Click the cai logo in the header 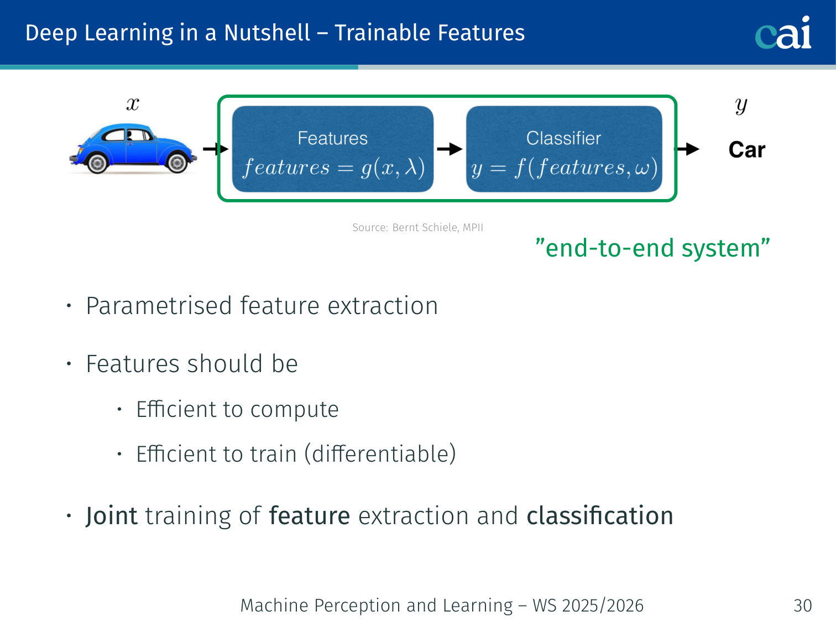pyautogui.click(x=783, y=33)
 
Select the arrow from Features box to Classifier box pyautogui.click(x=450, y=149)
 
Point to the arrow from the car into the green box pyautogui.click(x=215, y=149)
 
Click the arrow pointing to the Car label pyautogui.click(x=688, y=149)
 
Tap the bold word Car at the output pyautogui.click(x=746, y=150)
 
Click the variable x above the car pyautogui.click(x=133, y=104)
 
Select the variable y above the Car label pyautogui.click(x=741, y=105)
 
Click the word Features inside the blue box pyautogui.click(x=332, y=138)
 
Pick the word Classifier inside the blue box pyautogui.click(x=563, y=138)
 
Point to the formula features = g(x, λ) pyautogui.click(x=333, y=168)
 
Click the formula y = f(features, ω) pyautogui.click(x=564, y=168)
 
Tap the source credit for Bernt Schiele pyautogui.click(x=417, y=227)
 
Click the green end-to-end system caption pyautogui.click(x=652, y=248)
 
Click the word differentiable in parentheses pyautogui.click(x=380, y=454)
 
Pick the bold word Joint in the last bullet pyautogui.click(x=111, y=516)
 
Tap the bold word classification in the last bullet pyautogui.click(x=600, y=516)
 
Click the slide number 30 pyautogui.click(x=802, y=605)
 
